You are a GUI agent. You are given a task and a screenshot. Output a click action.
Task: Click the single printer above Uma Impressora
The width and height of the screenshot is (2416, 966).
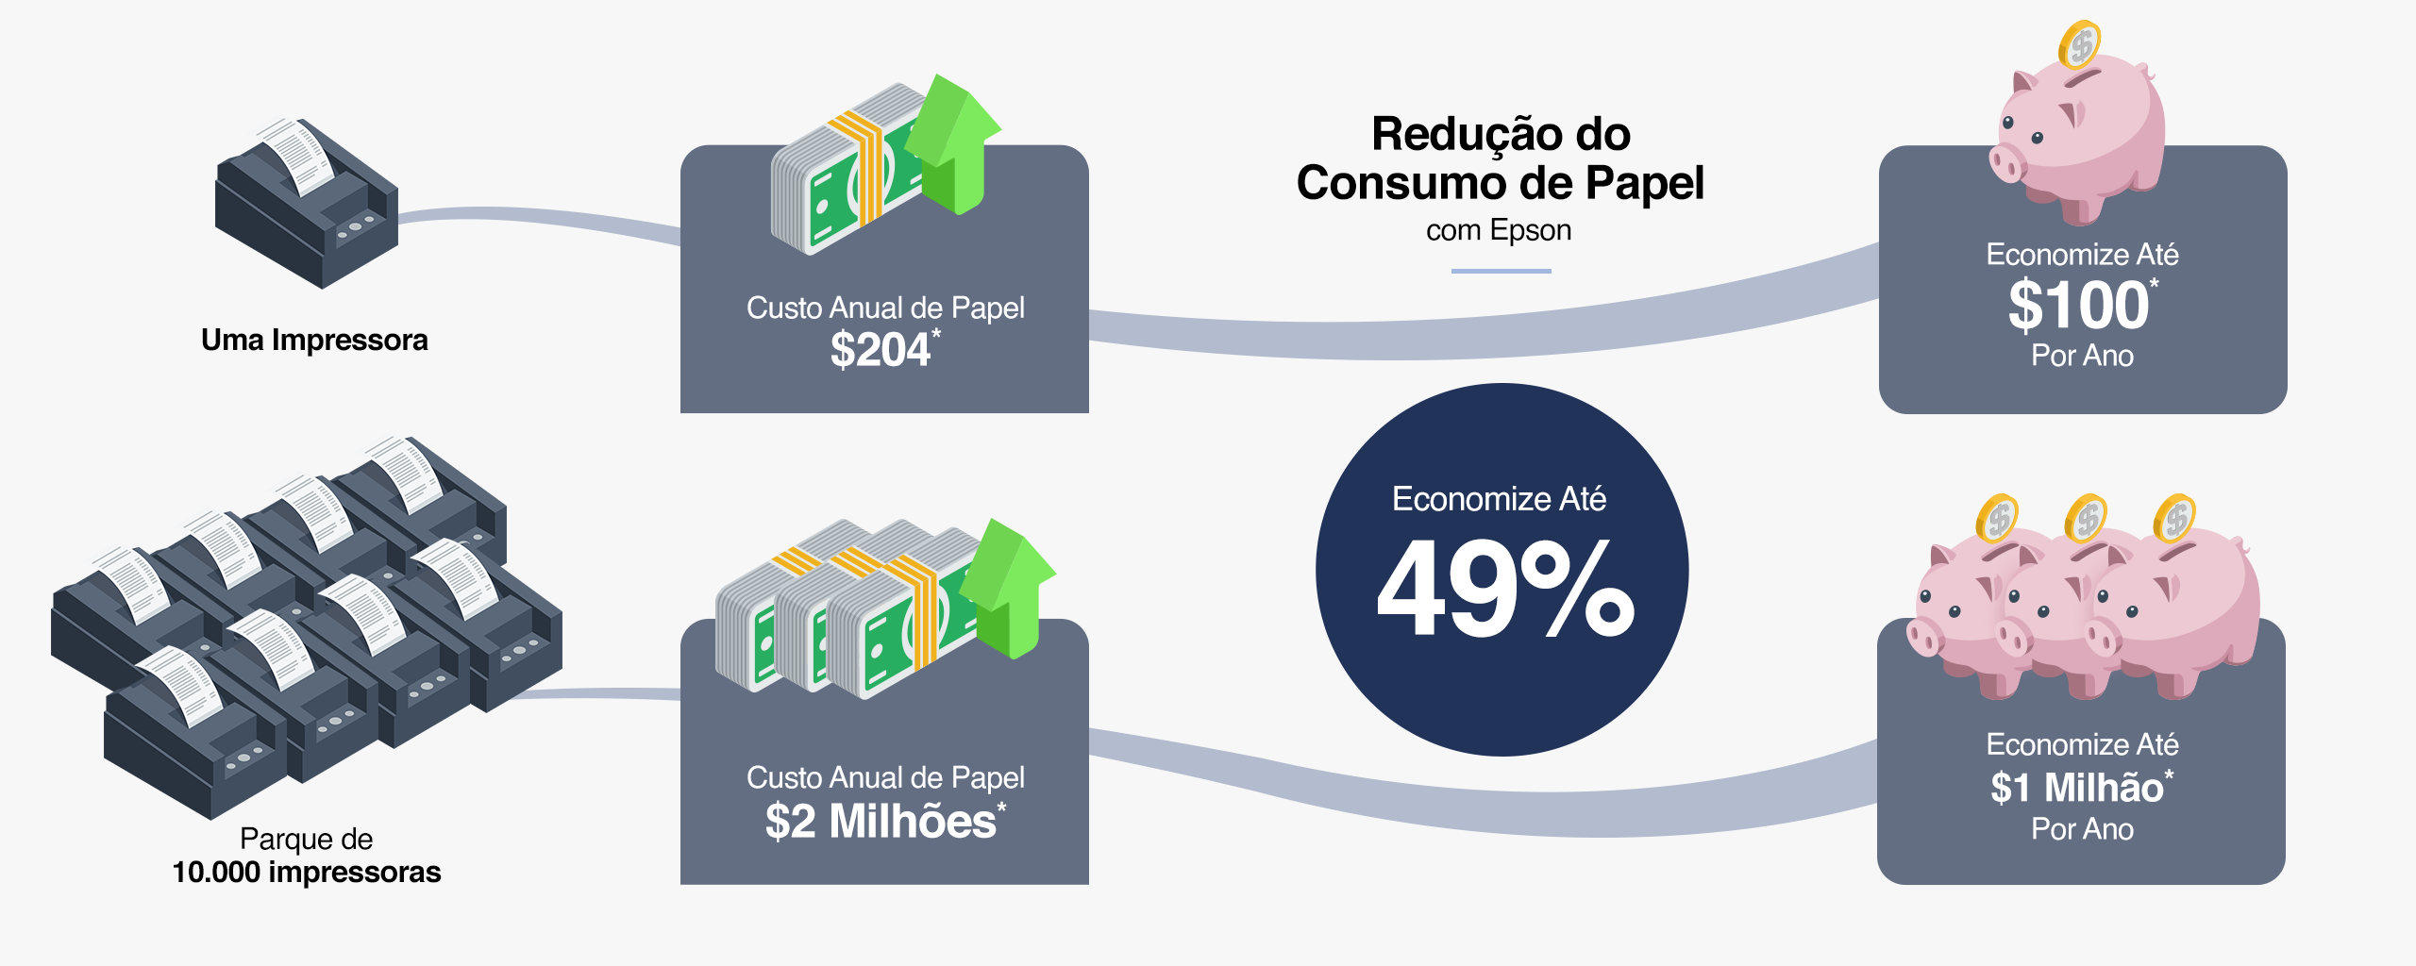[x=307, y=203]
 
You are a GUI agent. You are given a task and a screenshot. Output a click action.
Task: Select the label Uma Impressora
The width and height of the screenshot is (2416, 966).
[x=314, y=340]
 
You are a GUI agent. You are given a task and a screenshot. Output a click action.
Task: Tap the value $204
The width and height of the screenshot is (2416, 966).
[x=880, y=350]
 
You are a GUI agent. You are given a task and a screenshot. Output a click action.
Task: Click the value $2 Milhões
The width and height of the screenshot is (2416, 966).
[x=881, y=821]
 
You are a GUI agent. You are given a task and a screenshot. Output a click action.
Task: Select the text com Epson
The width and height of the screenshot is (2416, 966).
[x=1499, y=230]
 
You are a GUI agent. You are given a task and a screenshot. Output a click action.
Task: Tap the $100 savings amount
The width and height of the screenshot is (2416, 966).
[x=2078, y=306]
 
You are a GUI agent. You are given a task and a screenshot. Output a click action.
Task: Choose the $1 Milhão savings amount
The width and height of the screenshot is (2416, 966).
[x=2077, y=788]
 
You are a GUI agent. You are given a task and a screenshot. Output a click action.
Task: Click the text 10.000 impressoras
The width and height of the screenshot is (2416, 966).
[x=306, y=872]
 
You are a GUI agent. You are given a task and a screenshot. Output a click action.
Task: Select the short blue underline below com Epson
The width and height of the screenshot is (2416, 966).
[x=1501, y=271]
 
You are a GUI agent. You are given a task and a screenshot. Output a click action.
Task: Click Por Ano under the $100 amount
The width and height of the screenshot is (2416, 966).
[x=2082, y=356]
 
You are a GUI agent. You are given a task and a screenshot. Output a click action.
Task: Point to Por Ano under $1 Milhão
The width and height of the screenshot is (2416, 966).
[x=2082, y=829]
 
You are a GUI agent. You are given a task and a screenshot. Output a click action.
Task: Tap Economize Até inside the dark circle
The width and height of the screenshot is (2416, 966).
[x=1499, y=498]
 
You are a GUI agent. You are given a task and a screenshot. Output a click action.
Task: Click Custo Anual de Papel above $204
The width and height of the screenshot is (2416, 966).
[x=885, y=308]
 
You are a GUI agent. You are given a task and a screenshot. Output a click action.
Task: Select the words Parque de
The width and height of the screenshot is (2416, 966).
[x=306, y=838]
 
